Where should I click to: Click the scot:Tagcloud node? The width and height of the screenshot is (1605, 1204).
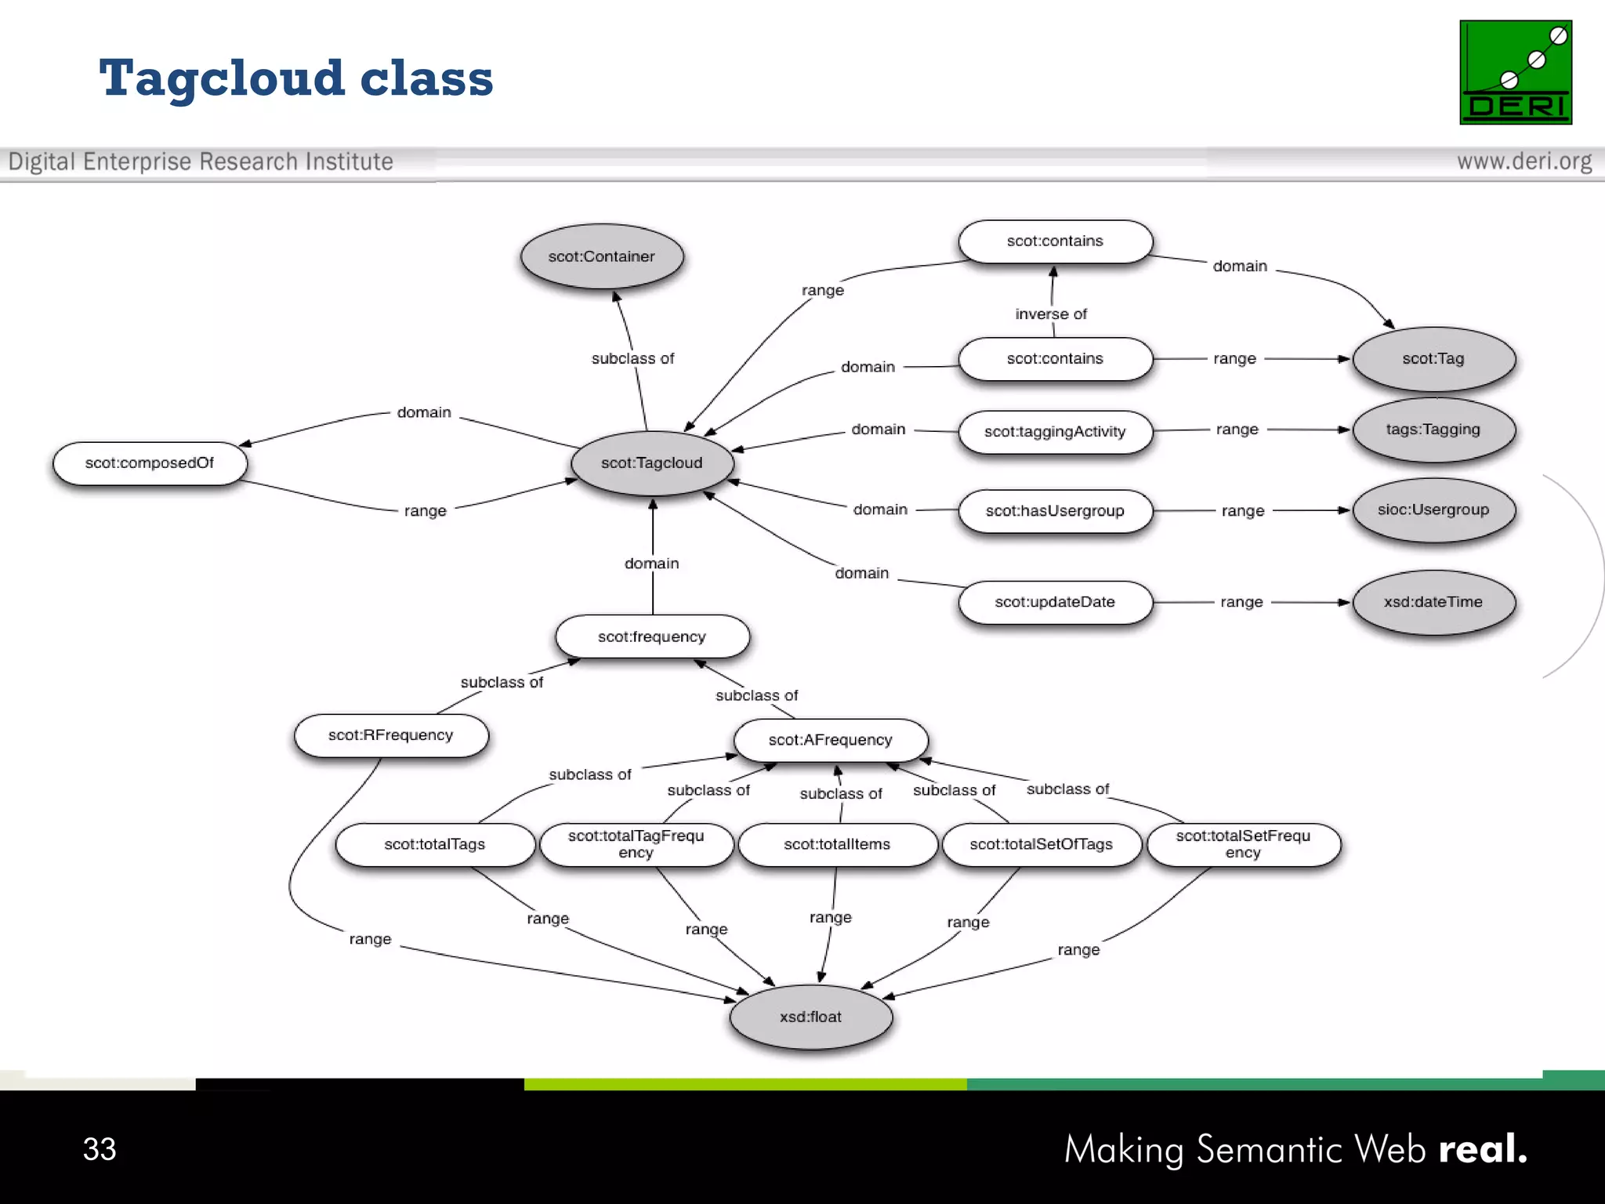(x=651, y=463)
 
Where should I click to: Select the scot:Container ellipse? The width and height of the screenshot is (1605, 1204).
(x=601, y=256)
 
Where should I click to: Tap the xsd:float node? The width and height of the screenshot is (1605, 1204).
(x=810, y=1017)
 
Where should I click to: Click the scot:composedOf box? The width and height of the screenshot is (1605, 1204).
(x=150, y=463)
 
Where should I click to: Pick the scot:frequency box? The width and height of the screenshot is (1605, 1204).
(x=652, y=636)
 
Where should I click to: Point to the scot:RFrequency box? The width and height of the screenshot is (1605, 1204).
(x=390, y=735)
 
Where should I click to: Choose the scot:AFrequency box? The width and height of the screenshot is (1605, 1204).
(x=830, y=740)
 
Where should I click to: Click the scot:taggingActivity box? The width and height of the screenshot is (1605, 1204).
(x=1055, y=432)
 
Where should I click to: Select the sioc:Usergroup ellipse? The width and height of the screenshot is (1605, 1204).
(x=1433, y=510)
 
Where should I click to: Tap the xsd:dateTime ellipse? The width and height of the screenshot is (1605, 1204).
(x=1433, y=602)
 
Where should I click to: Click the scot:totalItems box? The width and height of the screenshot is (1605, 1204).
(x=837, y=844)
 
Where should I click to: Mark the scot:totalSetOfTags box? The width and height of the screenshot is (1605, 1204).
(x=1041, y=844)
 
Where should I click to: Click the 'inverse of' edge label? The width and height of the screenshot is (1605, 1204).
(x=1051, y=314)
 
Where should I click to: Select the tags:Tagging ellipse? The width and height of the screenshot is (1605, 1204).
(x=1433, y=430)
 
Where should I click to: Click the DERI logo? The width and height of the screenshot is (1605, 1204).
(x=1516, y=72)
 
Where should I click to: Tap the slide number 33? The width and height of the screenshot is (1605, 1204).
(x=100, y=1149)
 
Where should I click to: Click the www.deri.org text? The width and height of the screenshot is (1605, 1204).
(x=1524, y=161)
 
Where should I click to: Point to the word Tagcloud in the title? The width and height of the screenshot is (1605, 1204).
(x=222, y=78)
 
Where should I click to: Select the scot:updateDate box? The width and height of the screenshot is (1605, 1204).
(x=1055, y=602)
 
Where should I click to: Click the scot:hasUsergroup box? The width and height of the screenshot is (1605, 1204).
(x=1055, y=511)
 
